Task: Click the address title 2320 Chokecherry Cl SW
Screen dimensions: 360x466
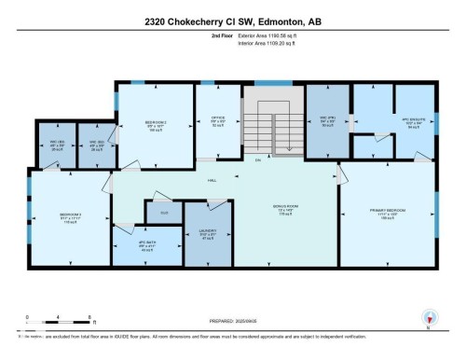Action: point(233,22)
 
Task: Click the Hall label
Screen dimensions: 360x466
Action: point(212,179)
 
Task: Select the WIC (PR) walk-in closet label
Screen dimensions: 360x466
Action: point(328,119)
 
